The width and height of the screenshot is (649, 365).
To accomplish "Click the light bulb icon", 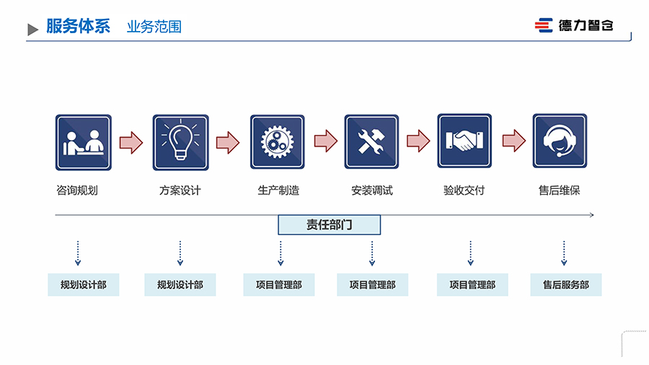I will point(180,142).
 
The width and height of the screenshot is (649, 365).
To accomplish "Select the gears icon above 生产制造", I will point(278,142).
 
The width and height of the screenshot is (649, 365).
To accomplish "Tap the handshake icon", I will point(464,141).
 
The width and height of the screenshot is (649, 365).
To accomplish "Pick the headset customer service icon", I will point(560,142).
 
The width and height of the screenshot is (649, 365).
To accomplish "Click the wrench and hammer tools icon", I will point(371,142).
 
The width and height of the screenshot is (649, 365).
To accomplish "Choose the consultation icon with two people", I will point(84,142).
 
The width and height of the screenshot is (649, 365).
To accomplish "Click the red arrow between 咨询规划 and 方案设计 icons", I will point(131,141).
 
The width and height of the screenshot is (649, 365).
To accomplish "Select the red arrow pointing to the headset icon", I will point(513,141).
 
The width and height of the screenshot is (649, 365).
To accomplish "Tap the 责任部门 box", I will point(329,225).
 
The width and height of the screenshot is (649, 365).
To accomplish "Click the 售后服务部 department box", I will point(566,285).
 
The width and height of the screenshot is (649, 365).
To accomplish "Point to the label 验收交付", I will point(464,191).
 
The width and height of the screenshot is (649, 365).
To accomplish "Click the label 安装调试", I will point(372,191).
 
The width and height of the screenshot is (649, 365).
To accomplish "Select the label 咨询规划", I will point(76,191).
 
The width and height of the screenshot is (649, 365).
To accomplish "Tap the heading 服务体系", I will point(78,27).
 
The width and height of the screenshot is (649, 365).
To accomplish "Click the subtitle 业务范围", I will point(154,27).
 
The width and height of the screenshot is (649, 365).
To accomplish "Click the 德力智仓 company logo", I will point(574,25).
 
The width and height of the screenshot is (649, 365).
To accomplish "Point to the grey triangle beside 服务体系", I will point(32,30).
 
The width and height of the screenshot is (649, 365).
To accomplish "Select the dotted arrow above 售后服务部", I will point(564,253).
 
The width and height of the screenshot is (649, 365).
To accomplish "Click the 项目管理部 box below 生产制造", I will point(279,285).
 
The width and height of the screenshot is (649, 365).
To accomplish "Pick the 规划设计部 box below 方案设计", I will point(180,285).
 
